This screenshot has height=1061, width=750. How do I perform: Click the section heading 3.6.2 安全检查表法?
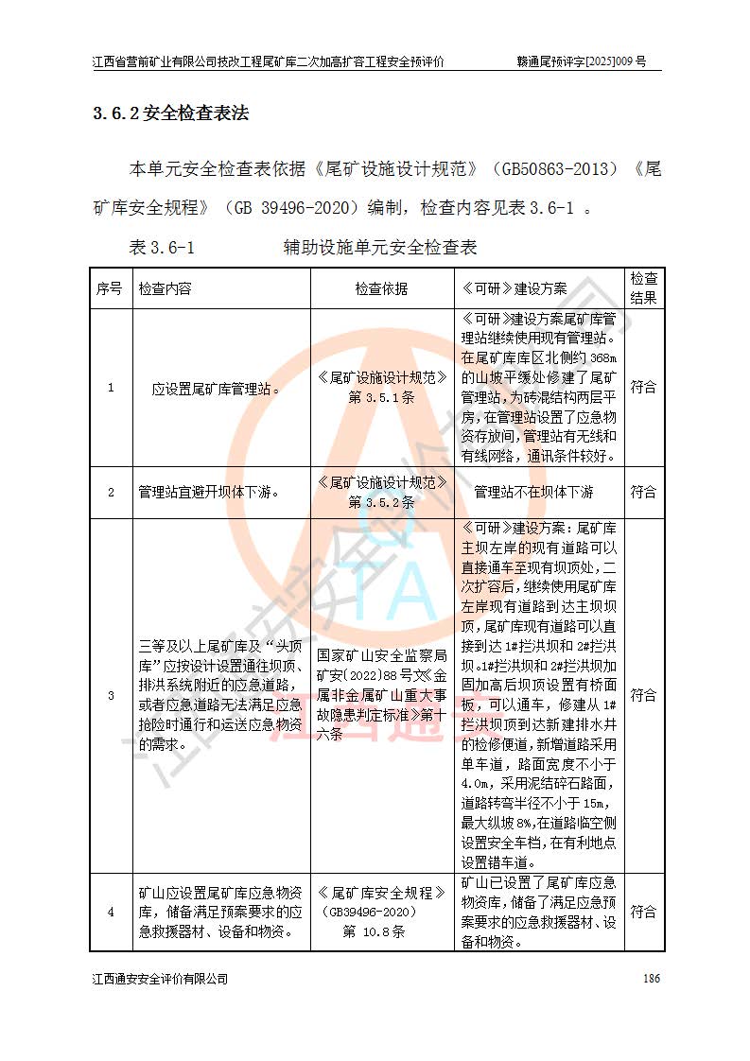pyautogui.click(x=170, y=114)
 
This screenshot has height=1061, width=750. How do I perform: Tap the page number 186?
pyautogui.click(x=651, y=978)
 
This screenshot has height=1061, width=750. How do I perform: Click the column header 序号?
pyautogui.click(x=109, y=288)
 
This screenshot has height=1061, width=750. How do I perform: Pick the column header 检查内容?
pyautogui.click(x=165, y=288)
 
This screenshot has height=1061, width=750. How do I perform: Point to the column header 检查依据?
pyautogui.click(x=382, y=288)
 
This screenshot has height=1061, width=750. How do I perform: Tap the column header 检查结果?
pyautogui.click(x=644, y=288)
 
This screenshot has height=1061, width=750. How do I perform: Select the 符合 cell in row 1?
pyautogui.click(x=644, y=388)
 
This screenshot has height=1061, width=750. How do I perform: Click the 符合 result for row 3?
pyautogui.click(x=644, y=695)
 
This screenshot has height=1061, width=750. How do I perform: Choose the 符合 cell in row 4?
pyautogui.click(x=644, y=913)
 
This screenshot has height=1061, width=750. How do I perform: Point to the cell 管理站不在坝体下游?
pyautogui.click(x=533, y=492)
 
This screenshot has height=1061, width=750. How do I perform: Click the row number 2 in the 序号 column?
pyautogui.click(x=110, y=492)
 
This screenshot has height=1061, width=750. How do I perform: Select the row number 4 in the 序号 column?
pyautogui.click(x=110, y=913)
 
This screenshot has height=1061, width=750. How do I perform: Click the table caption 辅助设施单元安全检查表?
pyautogui.click(x=379, y=249)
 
